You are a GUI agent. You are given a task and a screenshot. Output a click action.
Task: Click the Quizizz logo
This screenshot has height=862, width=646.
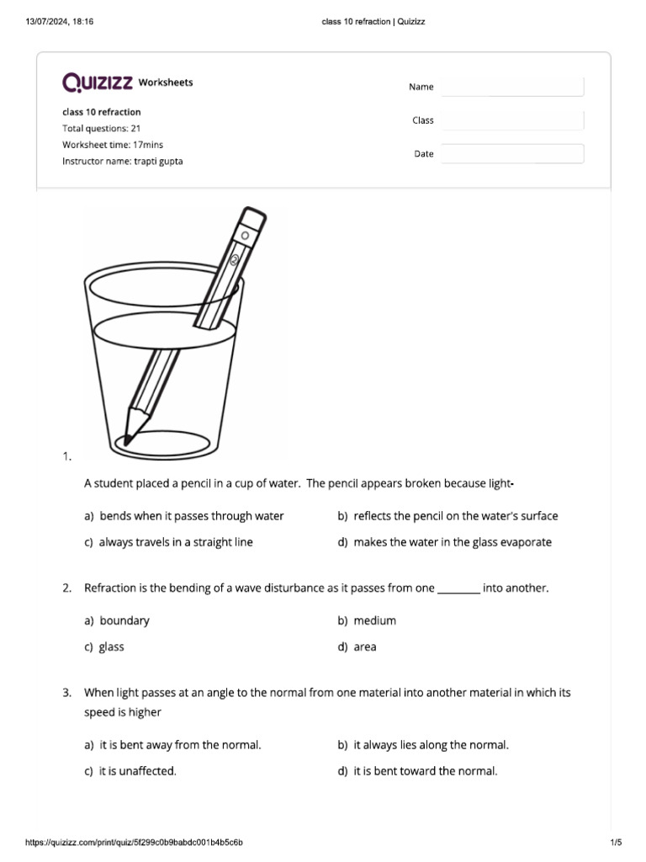98,82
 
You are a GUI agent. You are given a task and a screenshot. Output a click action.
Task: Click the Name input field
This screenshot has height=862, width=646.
512,87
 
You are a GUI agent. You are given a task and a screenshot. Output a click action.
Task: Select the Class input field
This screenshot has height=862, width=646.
512,120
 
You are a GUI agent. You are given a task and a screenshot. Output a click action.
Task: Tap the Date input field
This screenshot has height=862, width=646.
512,154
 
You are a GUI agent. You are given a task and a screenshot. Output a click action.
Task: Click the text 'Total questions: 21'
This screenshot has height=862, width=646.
101,129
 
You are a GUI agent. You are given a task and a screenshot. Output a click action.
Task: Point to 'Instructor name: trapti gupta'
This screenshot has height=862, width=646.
122,161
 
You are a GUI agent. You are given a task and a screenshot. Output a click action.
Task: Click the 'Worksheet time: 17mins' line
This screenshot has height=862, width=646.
113,145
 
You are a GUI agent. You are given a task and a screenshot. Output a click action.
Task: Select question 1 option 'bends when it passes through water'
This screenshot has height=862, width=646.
191,516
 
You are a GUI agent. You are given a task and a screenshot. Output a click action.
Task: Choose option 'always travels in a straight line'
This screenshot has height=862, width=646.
175,542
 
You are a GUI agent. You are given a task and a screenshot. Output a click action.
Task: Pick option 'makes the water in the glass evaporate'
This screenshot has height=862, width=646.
453,542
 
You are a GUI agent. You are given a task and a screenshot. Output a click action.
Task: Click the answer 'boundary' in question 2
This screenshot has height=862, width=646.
124,620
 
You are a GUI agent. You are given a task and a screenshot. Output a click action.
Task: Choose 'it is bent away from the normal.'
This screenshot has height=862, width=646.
180,745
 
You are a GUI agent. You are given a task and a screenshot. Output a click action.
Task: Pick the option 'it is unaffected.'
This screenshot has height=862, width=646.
137,771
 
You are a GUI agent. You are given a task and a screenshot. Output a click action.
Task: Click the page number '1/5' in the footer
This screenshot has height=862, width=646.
615,842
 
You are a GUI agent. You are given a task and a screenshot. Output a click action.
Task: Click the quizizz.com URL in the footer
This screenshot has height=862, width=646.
135,842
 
